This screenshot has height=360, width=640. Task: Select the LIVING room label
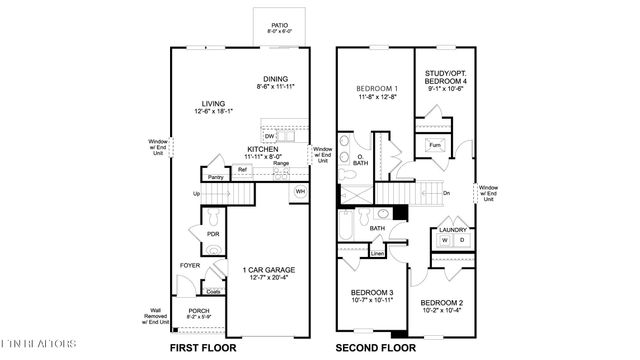tap(211, 102)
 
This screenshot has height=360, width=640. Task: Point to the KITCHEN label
tap(262, 149)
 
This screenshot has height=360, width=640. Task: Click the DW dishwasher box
tap(270, 136)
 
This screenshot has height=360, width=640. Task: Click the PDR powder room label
tap(213, 234)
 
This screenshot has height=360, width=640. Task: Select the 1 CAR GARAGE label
tap(266, 268)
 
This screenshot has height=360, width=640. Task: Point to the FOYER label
tap(190, 265)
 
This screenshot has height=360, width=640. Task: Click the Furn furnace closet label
tap(434, 144)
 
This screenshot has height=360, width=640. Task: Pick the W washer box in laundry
tap(444, 240)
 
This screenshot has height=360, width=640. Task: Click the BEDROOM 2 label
tap(440, 302)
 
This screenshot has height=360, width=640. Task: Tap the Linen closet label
tap(378, 253)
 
